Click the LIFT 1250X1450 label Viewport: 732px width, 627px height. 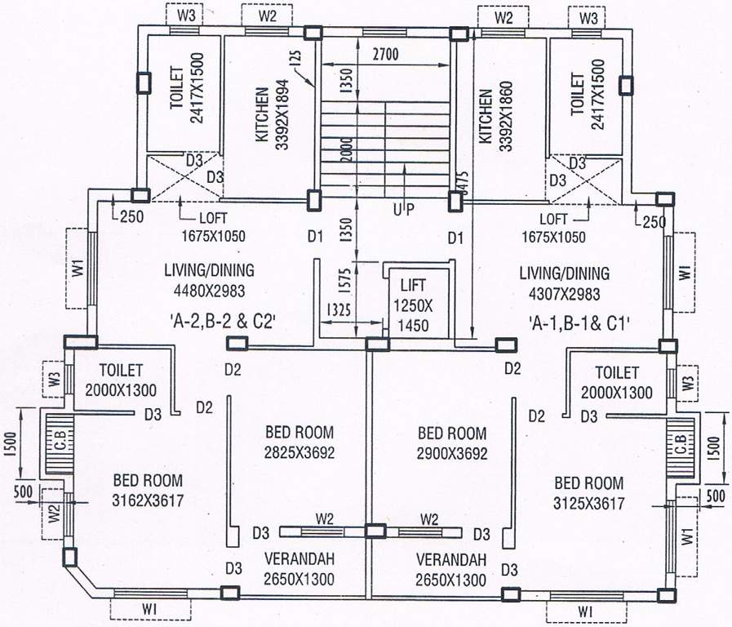coord(418,305)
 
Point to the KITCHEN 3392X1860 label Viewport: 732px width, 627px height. coord(493,114)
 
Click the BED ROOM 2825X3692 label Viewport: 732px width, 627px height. coord(299,441)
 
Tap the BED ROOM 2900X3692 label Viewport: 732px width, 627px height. coord(451,442)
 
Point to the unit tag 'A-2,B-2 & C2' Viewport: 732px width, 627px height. coord(222,321)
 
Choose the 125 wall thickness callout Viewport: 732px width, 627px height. coord(295,60)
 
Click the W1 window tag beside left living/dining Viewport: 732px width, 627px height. coord(78,268)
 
